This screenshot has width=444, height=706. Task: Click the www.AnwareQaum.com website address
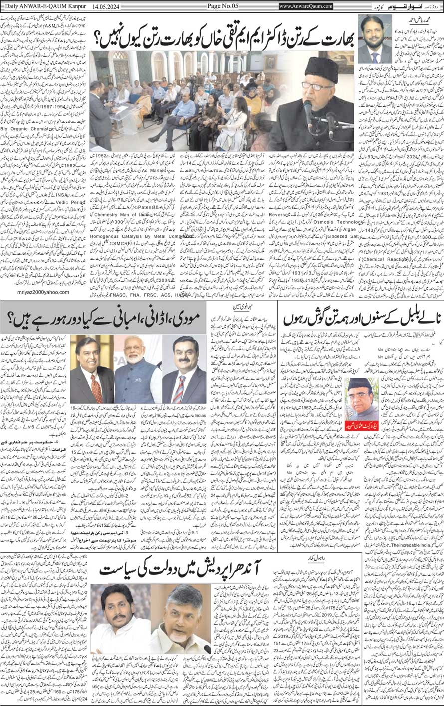(x=306, y=6)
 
